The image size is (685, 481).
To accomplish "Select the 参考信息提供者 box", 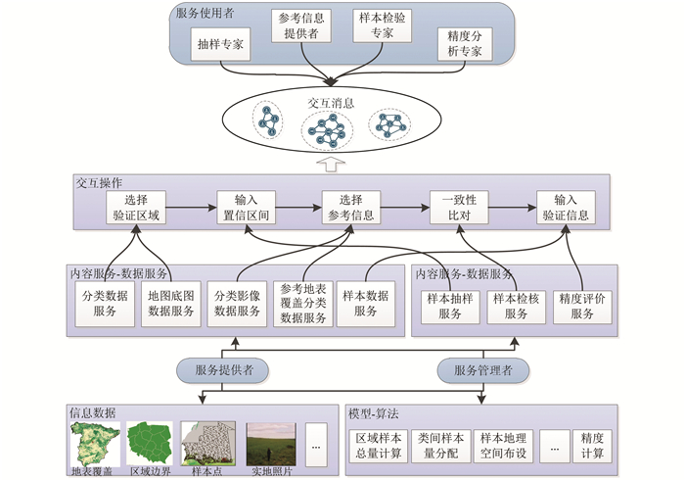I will (x=300, y=26).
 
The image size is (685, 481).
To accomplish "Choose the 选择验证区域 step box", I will (x=135, y=208).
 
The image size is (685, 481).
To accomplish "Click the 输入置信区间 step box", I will (x=242, y=208).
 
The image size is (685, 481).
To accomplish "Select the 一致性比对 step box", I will (x=459, y=208).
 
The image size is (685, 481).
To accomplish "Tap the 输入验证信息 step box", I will (x=566, y=208).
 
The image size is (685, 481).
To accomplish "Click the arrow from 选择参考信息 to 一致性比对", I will (x=404, y=208).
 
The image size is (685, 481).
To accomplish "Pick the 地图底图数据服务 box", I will (x=171, y=304).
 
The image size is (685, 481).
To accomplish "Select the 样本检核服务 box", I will (x=517, y=307).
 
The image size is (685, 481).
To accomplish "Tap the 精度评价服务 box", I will (x=582, y=307).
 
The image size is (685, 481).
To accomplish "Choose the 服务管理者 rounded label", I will (x=483, y=371).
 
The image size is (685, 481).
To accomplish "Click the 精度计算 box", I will (x=592, y=446).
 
